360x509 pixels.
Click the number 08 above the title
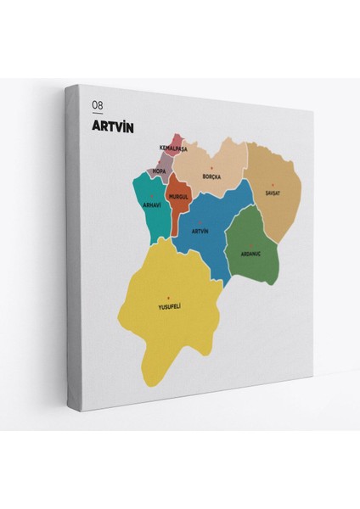click(x=98, y=104)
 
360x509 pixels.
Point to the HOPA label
click(x=159, y=171)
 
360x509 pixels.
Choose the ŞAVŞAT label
click(x=273, y=193)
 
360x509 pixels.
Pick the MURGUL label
click(x=177, y=196)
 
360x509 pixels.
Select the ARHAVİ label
click(x=152, y=205)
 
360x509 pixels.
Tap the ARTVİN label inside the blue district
click(x=200, y=231)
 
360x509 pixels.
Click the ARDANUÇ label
click(x=250, y=252)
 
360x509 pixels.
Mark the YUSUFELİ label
click(x=170, y=305)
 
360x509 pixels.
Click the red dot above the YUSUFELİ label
click(x=169, y=296)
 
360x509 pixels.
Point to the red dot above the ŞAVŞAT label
click(x=273, y=184)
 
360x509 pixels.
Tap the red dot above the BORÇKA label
click(x=211, y=167)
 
